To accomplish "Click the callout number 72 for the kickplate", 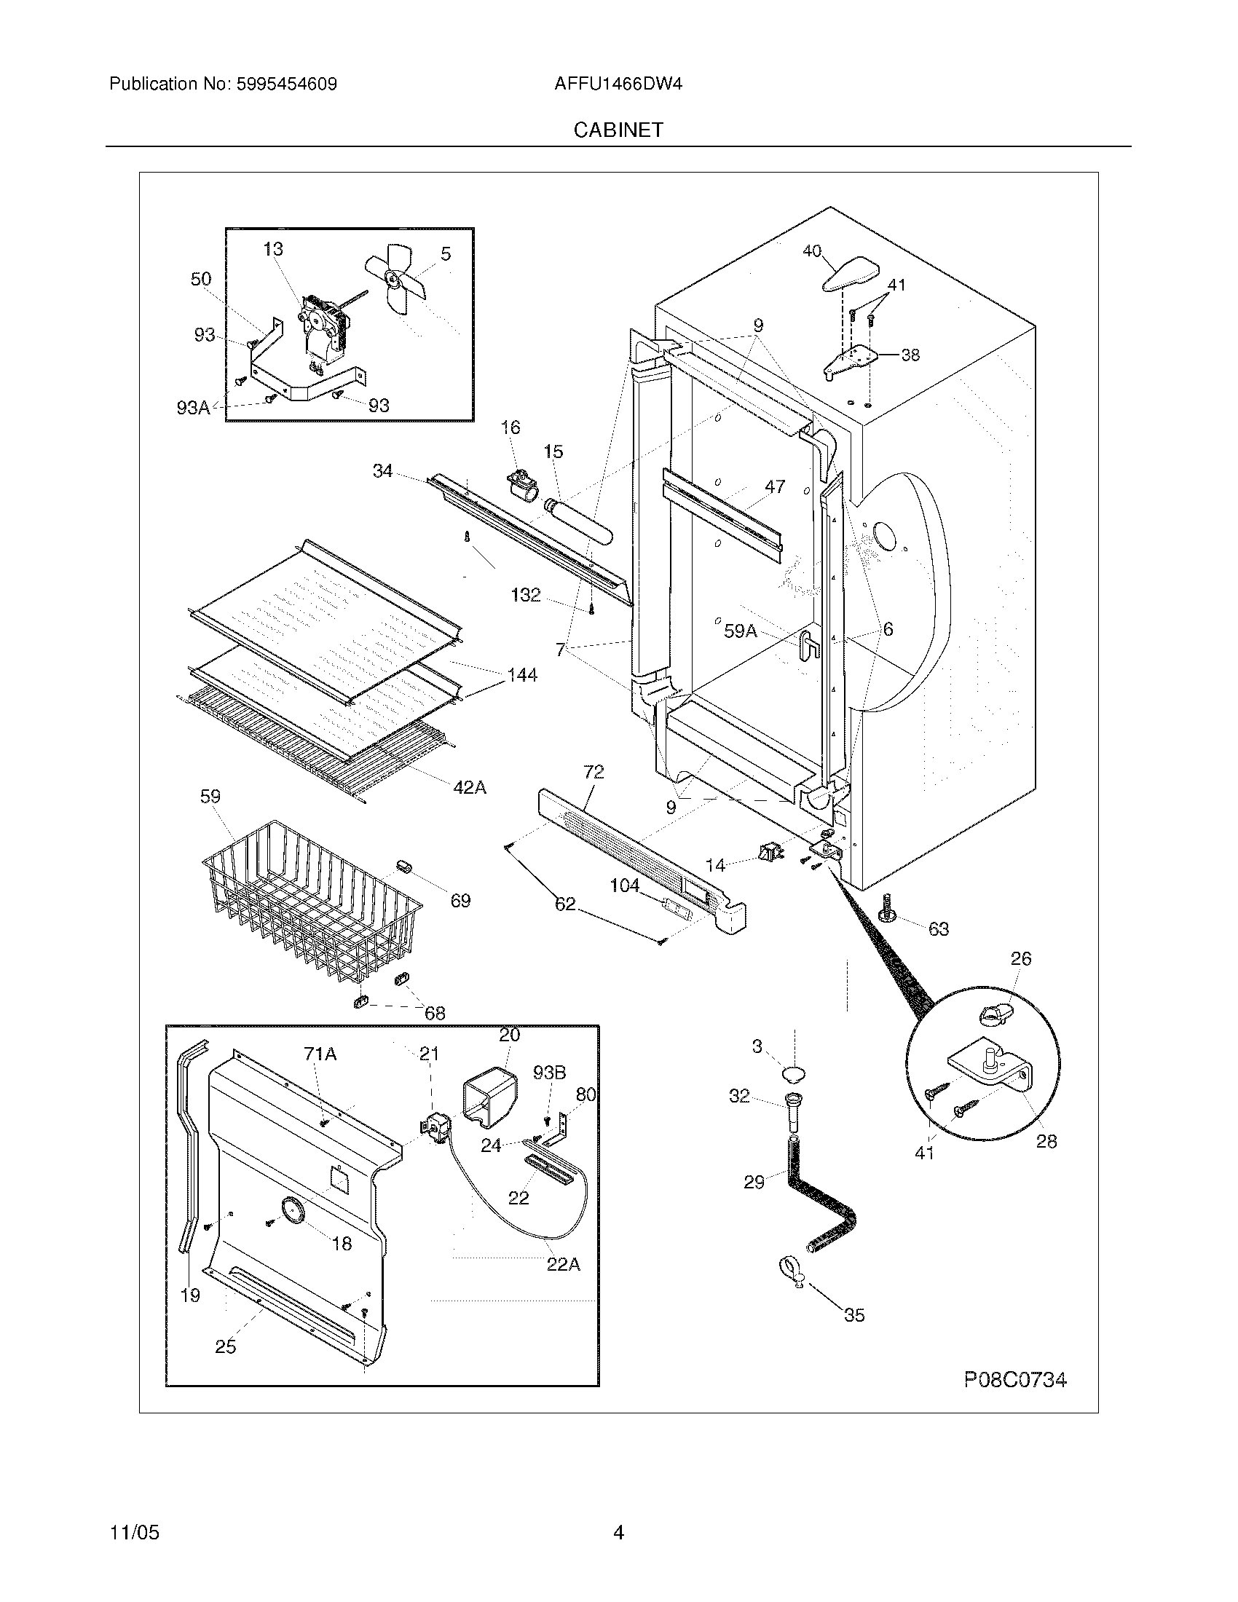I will click(x=594, y=772).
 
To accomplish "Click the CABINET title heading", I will click(x=618, y=130).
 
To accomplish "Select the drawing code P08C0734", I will click(x=1014, y=1380).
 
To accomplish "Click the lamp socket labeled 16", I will click(x=522, y=486).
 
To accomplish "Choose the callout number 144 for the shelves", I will click(x=522, y=675).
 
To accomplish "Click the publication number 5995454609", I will click(x=286, y=84).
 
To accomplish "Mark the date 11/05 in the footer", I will click(x=134, y=1532).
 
